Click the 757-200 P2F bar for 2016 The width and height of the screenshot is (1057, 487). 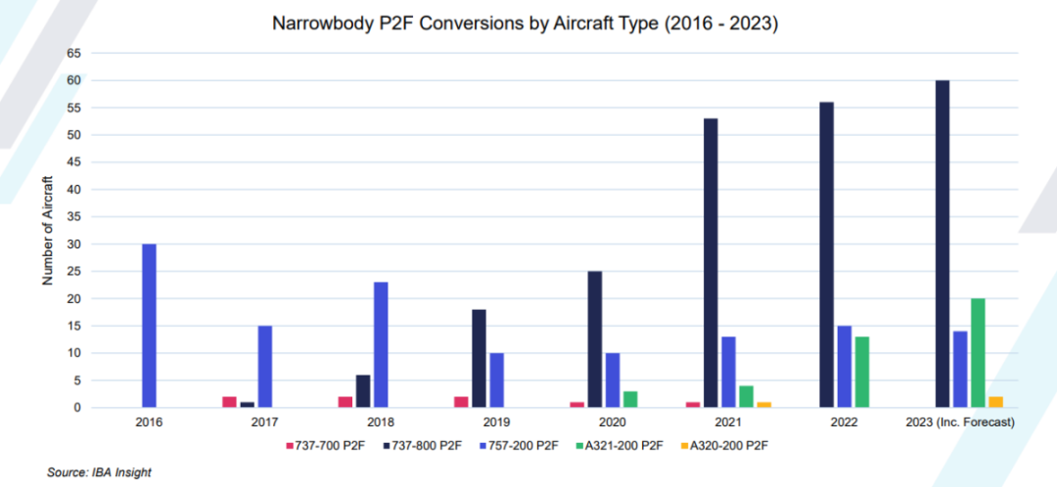click(x=149, y=326)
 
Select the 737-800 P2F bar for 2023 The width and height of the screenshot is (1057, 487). click(x=942, y=243)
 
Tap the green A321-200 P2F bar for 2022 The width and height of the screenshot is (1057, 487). click(x=862, y=372)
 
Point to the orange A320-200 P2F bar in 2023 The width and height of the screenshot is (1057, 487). click(x=996, y=402)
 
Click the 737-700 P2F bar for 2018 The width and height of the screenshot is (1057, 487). click(x=345, y=402)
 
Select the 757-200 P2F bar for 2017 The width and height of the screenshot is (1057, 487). click(x=264, y=367)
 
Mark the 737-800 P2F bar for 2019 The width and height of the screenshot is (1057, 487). click(x=479, y=358)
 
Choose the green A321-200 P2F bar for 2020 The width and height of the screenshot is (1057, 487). click(x=631, y=399)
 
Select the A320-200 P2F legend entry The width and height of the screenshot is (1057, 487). click(x=726, y=446)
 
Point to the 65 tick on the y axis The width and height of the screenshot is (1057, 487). click(x=71, y=53)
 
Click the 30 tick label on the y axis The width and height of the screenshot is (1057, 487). click(x=71, y=243)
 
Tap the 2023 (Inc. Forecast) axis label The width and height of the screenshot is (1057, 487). click(x=960, y=421)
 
